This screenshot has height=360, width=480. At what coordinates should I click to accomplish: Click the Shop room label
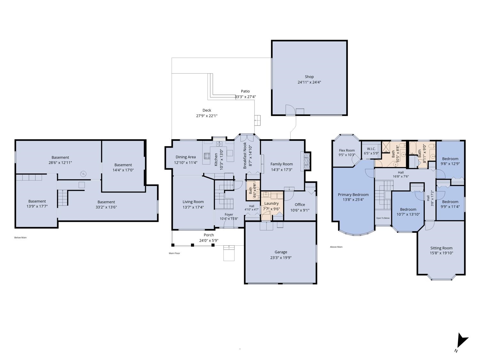pos(309,77)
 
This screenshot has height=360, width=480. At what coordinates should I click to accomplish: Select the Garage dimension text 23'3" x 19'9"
pos(281,258)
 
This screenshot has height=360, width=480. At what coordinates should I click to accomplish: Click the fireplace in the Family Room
pos(307,161)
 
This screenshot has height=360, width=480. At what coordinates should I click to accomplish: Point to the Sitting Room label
pos(441,248)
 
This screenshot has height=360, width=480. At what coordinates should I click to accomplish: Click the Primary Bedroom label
pos(353,195)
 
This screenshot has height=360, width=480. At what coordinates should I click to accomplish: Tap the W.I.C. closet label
pos(371,149)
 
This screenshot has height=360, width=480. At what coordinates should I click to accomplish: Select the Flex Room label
pos(347,150)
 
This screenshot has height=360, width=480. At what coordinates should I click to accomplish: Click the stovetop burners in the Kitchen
pos(207,156)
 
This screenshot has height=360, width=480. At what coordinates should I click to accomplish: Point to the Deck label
pos(207,110)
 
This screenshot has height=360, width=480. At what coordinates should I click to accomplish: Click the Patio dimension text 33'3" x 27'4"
pos(245,97)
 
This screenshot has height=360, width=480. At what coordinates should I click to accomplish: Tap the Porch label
pos(209,235)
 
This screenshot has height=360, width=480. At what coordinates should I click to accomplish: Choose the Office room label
pos(300,204)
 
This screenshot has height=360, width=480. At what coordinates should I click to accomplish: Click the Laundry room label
pos(271,204)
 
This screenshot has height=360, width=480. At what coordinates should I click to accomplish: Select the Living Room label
pos(193,202)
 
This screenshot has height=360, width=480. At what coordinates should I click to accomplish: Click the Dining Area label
pos(185,157)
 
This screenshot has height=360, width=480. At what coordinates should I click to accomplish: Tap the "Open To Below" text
pos(383,218)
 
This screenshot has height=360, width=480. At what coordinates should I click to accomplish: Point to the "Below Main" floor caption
pos(20,237)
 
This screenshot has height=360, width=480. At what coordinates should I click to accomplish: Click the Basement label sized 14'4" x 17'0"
pos(123,165)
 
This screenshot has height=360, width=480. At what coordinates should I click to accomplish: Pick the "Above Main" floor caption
pos(336,247)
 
